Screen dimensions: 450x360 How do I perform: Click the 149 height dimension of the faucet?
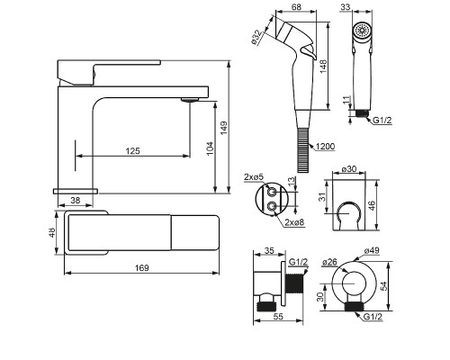[x=224, y=128]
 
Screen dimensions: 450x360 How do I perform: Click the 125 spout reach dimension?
[x=132, y=150]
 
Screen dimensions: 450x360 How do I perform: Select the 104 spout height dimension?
[x=211, y=148]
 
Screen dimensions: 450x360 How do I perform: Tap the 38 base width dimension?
[x=76, y=200]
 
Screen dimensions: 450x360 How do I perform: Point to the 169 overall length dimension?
[x=141, y=267]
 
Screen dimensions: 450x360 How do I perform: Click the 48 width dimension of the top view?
[x=52, y=232]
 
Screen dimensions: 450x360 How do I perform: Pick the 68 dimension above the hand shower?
[x=296, y=6]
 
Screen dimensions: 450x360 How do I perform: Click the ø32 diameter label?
[x=256, y=38]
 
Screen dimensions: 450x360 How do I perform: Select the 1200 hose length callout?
[x=325, y=147]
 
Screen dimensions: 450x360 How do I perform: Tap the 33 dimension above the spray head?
[x=346, y=6]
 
